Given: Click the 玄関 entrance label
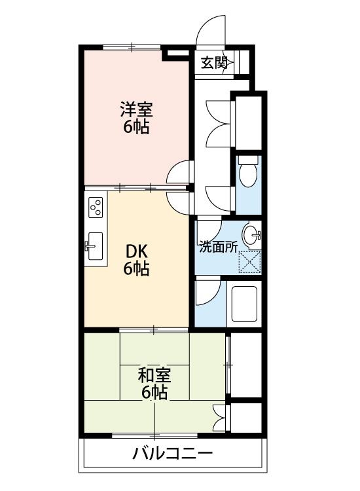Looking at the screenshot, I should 213,63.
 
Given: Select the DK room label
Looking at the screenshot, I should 136,250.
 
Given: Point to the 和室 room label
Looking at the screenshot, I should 154,375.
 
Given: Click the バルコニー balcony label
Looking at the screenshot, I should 173,453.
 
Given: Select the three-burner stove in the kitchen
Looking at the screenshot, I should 96,208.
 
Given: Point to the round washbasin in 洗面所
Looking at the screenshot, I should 251,232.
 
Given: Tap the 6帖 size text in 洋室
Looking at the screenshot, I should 136,126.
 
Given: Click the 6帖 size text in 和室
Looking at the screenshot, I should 154,393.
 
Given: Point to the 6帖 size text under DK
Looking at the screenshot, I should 136,268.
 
